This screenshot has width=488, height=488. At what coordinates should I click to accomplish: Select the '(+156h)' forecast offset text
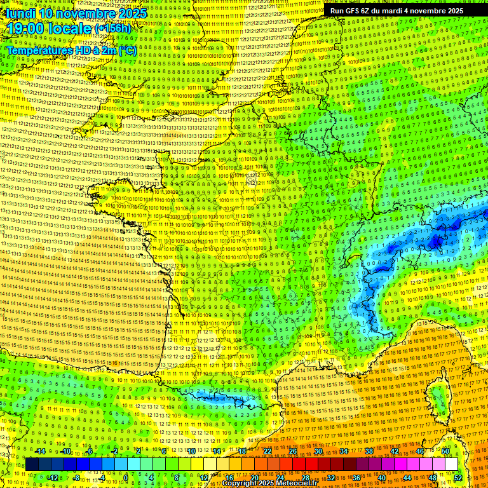[114, 29]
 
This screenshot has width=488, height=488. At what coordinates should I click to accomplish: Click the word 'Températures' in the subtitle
[37, 50]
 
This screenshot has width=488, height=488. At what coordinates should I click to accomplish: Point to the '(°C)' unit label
[126, 50]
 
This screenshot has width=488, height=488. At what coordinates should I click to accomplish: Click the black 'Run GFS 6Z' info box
[396, 11]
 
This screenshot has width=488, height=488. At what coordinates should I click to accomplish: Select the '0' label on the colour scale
[126, 478]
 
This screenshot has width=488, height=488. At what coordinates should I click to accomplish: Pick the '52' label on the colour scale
[457, 478]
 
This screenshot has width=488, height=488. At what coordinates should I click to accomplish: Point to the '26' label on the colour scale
[293, 451]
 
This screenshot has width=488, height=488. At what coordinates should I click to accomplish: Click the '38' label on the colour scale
[369, 451]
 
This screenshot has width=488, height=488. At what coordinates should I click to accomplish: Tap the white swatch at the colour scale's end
[451, 464]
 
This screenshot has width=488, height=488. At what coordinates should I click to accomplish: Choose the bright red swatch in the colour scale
[299, 464]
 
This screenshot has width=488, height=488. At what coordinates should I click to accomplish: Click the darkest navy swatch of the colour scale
[32, 464]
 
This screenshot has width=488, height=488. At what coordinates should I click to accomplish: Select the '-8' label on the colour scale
[77, 478]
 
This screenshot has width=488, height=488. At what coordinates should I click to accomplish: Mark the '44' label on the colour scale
[407, 478]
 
